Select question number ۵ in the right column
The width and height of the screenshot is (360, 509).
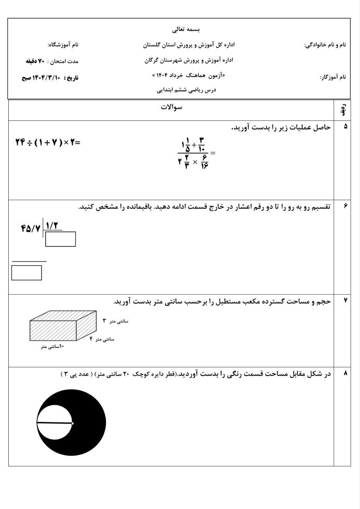tap(345, 126)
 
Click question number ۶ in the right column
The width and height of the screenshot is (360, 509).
tap(345, 206)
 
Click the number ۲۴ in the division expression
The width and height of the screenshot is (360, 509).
tap(20, 142)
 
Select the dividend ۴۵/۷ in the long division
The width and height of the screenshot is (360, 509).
tap(31, 229)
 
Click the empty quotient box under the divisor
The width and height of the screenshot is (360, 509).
tap(60, 239)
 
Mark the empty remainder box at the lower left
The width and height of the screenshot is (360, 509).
tap(27, 273)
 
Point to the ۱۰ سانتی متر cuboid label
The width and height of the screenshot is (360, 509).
tap(52, 347)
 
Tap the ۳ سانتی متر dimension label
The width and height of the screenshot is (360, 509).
tap(115, 321)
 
